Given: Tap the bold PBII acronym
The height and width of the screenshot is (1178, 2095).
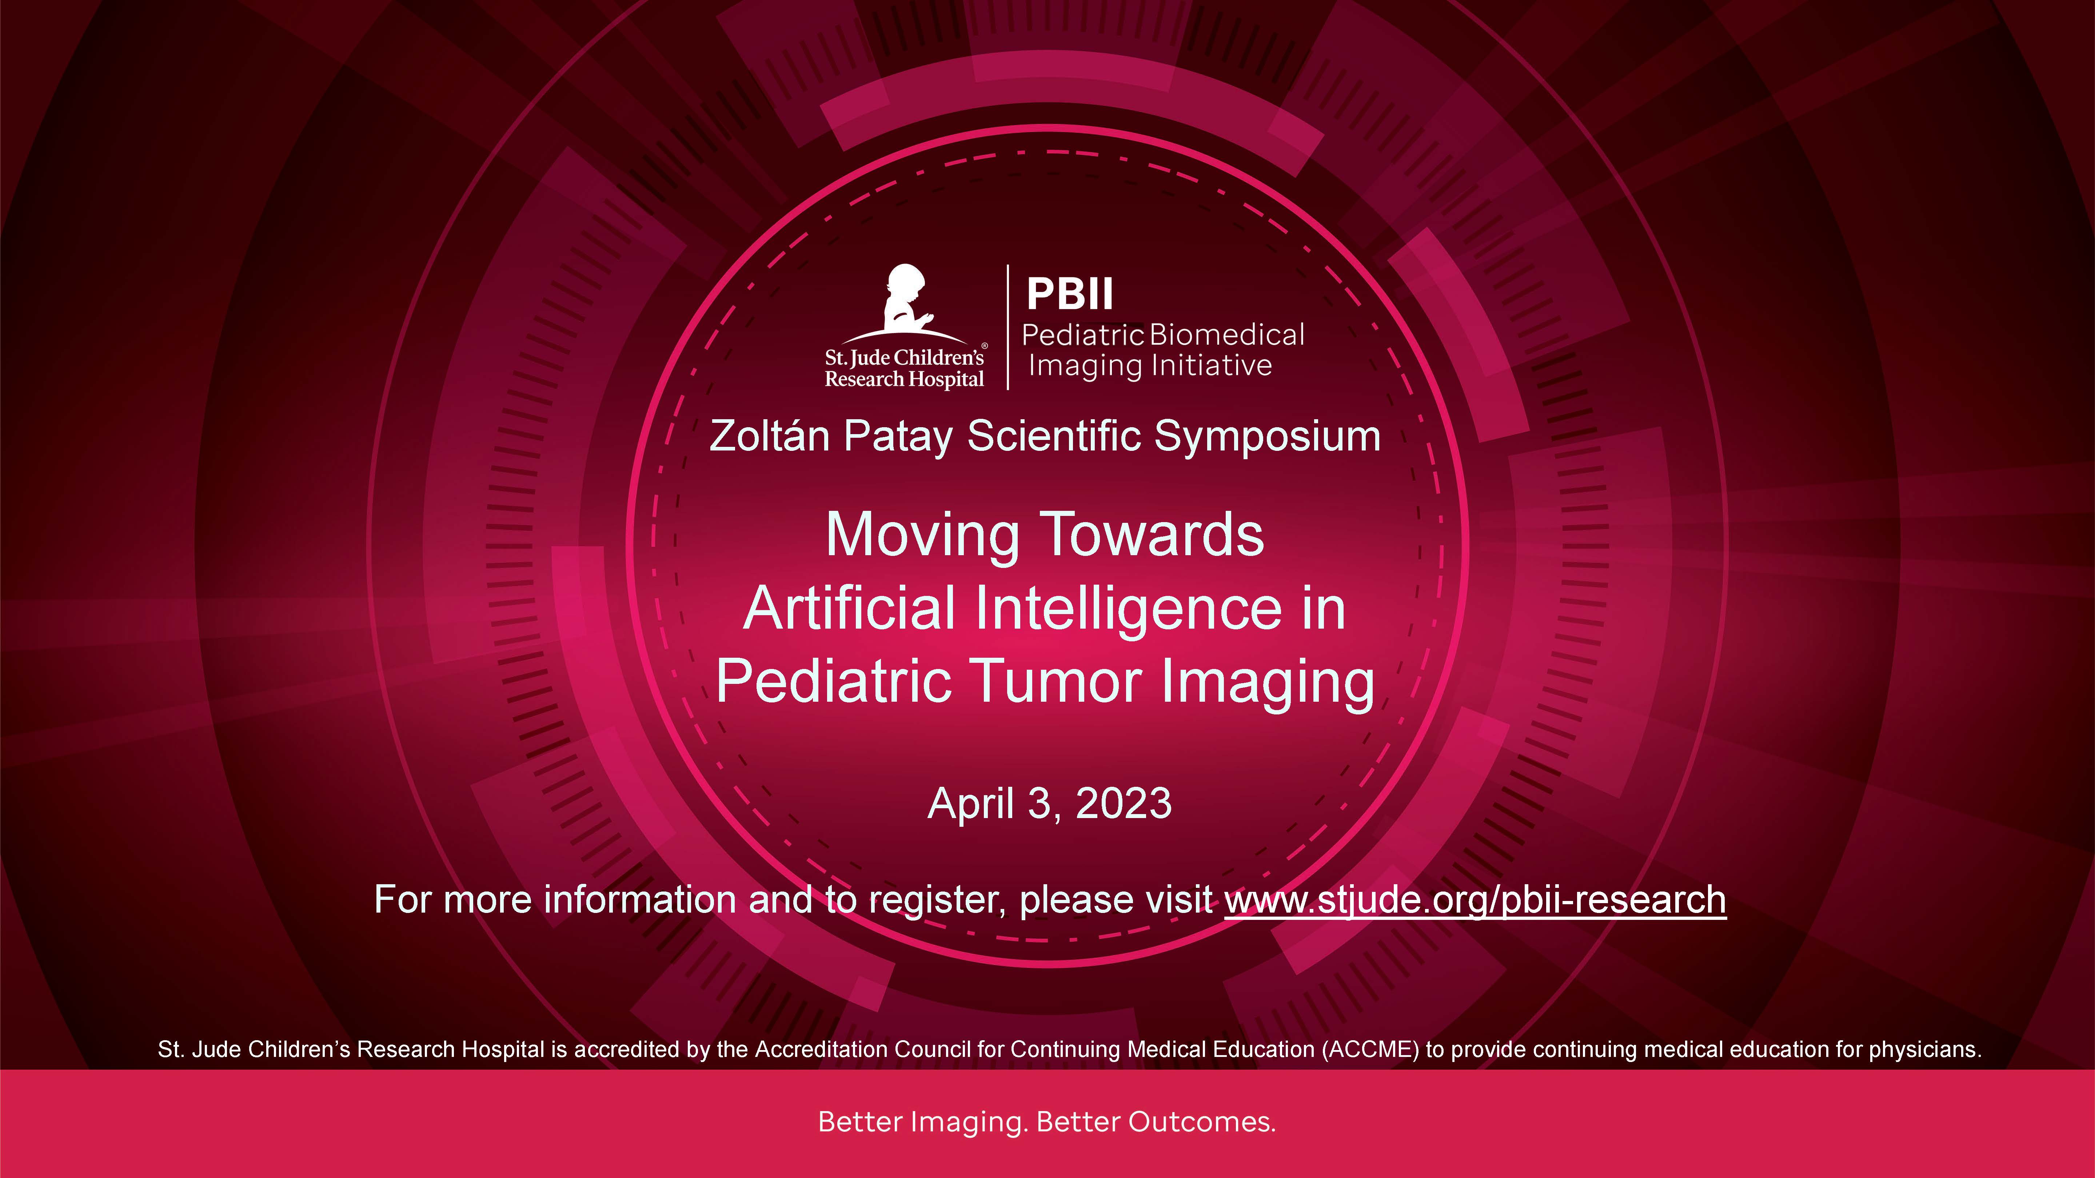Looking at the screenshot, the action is point(1069,294).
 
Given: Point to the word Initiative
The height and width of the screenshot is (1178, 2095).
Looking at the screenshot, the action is point(1212,366).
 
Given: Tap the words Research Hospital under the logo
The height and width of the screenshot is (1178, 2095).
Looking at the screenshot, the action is point(904,379).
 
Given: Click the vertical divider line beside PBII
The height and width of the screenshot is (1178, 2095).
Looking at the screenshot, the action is point(1009,327).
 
